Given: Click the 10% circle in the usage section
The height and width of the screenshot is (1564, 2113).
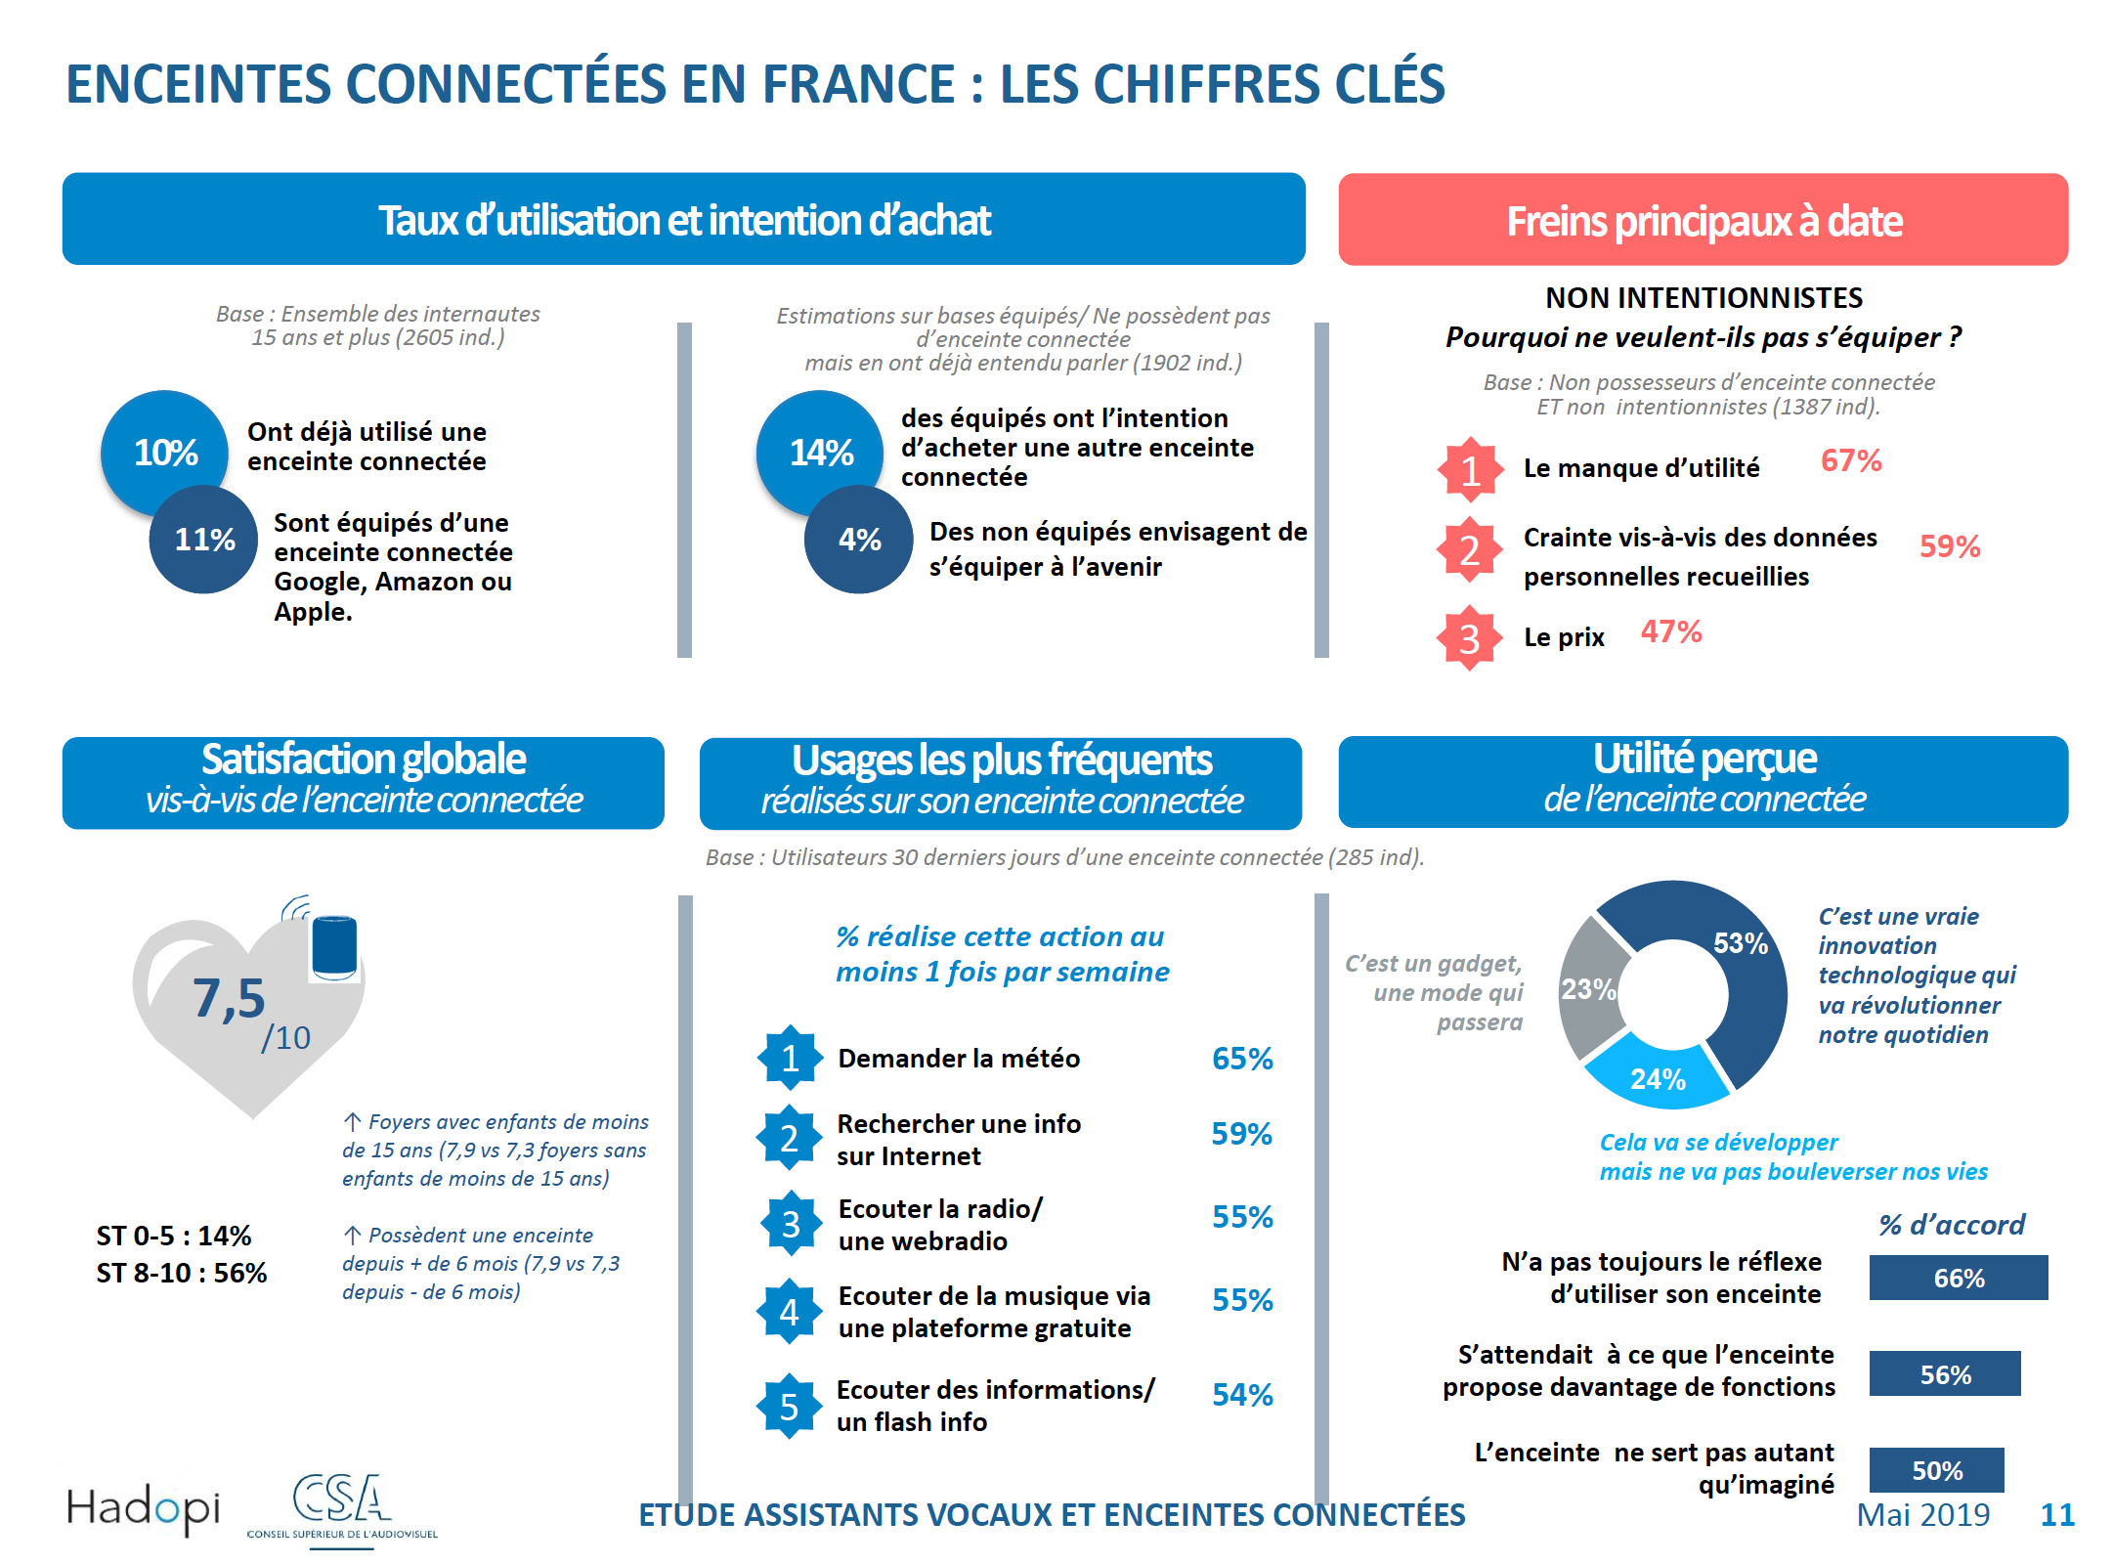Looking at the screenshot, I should [164, 452].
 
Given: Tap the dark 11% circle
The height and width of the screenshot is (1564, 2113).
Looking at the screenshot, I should [204, 540].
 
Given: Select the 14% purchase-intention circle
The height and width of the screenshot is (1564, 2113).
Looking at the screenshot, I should [820, 452].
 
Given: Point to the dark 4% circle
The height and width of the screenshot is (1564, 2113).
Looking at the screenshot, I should [859, 540].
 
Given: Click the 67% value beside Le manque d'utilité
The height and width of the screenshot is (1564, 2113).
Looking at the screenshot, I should [1850, 460].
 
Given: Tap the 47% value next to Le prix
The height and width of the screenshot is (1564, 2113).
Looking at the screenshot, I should [1670, 632].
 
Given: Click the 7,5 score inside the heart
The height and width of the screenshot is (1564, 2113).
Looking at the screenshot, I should [229, 998].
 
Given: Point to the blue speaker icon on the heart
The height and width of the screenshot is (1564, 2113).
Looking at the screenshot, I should [334, 946].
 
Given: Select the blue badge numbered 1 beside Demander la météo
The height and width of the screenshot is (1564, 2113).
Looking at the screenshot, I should [790, 1058].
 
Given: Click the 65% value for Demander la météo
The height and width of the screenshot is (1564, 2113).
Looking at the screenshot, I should [1241, 1059].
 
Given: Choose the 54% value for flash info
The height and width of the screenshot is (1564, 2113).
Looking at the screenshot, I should [1241, 1395].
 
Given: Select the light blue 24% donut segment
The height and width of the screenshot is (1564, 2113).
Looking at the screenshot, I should [1658, 1077].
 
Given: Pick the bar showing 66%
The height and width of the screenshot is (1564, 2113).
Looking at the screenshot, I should [1958, 1278].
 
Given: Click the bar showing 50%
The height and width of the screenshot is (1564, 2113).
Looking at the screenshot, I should [1936, 1470].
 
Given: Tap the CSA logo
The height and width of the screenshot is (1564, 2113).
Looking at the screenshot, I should [341, 1506].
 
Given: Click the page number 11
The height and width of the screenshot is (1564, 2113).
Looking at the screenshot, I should [2056, 1514].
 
